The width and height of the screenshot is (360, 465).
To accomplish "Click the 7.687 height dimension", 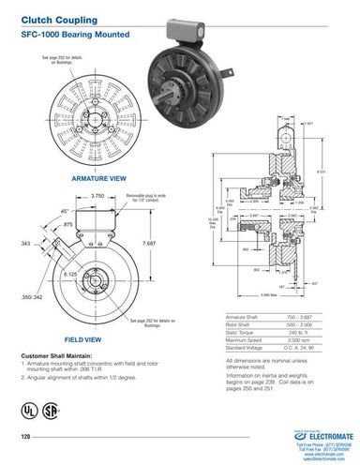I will tap(149, 243).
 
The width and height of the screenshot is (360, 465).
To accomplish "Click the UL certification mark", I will tap(26, 412).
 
